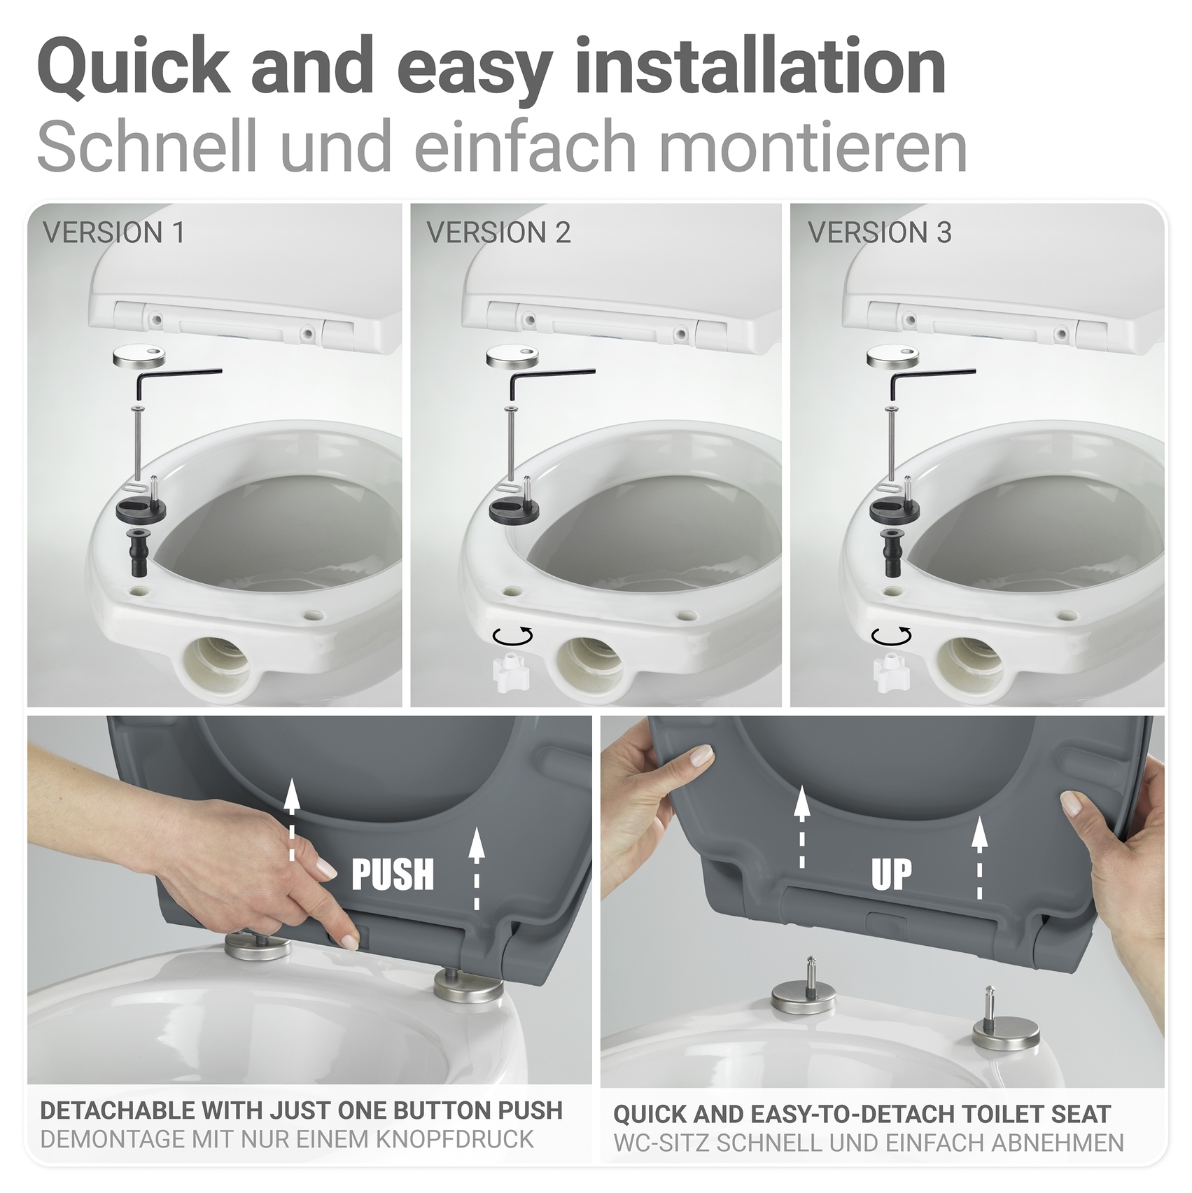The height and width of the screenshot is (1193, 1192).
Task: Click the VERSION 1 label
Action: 113,232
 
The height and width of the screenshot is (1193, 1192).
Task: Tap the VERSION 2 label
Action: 498,232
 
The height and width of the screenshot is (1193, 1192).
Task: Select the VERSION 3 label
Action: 880,232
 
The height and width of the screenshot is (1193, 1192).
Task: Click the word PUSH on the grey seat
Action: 393,874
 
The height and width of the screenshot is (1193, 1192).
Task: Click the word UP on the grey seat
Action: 891,874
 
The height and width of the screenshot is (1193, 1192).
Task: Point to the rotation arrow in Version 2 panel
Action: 513,636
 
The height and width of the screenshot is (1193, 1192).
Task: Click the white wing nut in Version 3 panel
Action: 890,673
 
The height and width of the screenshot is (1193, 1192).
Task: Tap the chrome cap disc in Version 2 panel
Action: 512,358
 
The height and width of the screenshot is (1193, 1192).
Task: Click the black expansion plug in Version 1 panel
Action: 136,552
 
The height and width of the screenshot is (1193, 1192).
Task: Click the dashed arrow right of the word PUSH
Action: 477,868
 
